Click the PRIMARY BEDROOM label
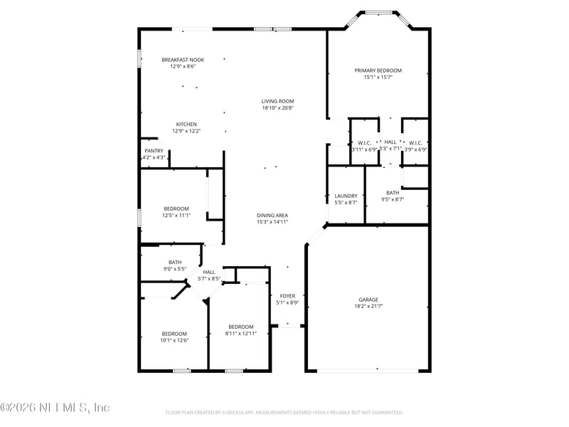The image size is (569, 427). point(378,70)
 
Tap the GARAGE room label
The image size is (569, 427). point(368,300)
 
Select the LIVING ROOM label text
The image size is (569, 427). point(277,101)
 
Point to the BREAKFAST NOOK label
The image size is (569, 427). point(183,60)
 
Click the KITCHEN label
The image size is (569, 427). point(186,125)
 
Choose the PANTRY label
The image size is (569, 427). point(154,151)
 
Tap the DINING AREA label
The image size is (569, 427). point(272,215)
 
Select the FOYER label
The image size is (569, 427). point(287,295)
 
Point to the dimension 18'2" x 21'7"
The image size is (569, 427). point(368,306)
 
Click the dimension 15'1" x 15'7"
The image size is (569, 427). point(378,77)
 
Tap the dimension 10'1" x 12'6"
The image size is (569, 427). point(174,340)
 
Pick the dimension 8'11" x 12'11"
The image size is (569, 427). point(240,333)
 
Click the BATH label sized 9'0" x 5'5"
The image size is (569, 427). point(175,262)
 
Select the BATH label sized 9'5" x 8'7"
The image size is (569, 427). point(393,193)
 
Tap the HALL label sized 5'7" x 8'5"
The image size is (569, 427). point(209,272)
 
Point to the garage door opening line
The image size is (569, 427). point(368,370)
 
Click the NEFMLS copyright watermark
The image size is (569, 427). point(55,408)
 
